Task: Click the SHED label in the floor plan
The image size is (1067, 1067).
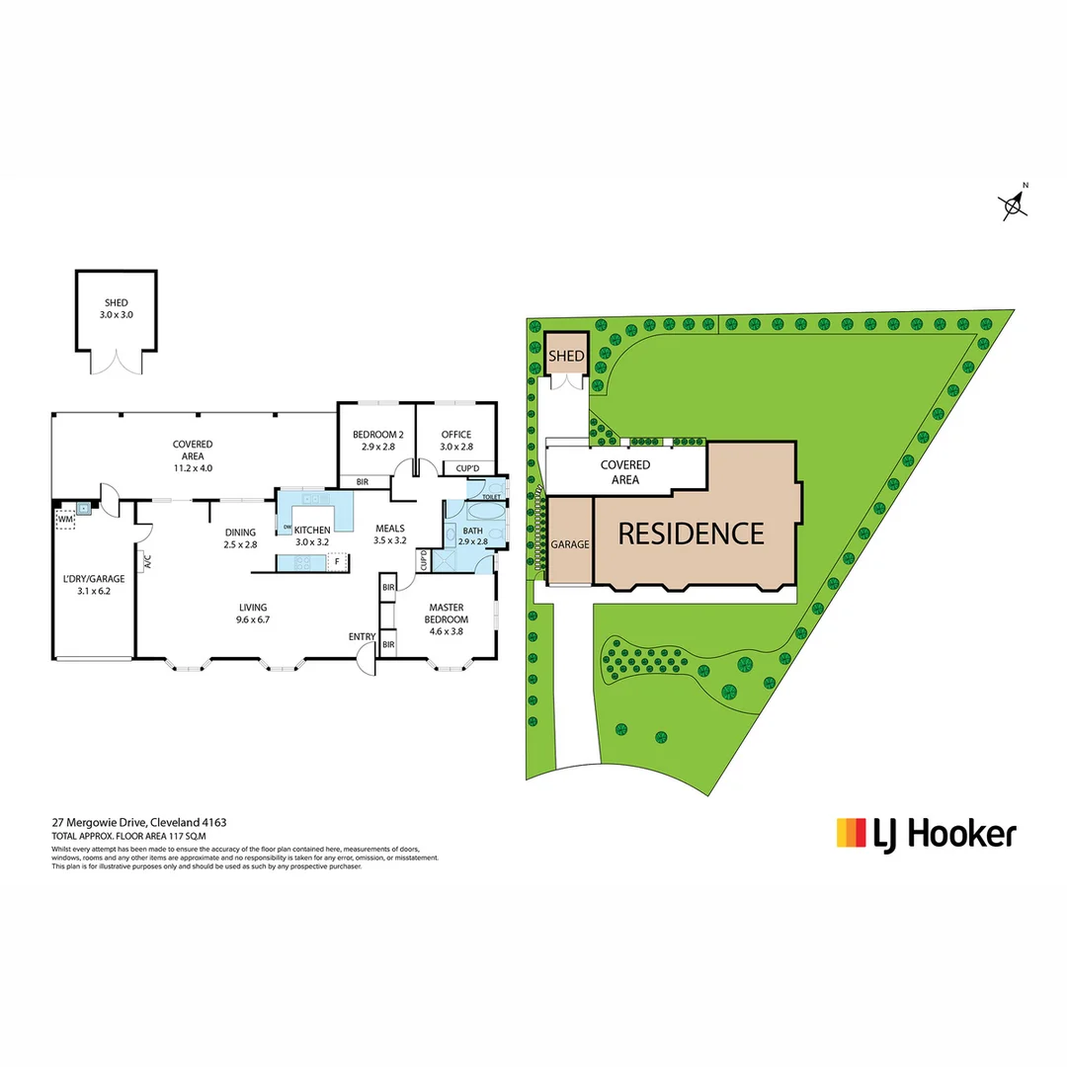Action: pos(116,303)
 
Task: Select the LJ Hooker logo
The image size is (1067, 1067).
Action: pos(926,833)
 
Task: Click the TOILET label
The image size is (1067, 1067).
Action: pos(490,497)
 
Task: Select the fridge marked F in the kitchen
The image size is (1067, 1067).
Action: pos(337,562)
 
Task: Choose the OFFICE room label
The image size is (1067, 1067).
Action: pos(455,434)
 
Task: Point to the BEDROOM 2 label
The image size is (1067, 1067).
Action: pos(376,434)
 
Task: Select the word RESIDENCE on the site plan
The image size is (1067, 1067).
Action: pos(691,533)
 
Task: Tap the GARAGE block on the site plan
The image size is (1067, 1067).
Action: pos(570,542)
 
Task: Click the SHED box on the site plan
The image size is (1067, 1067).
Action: pos(567,355)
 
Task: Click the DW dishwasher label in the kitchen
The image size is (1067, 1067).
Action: pos(287,529)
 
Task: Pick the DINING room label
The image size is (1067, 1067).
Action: pos(241,532)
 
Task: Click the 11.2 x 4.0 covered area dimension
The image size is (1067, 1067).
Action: pos(193,468)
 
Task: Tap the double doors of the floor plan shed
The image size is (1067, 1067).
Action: pos(116,362)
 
